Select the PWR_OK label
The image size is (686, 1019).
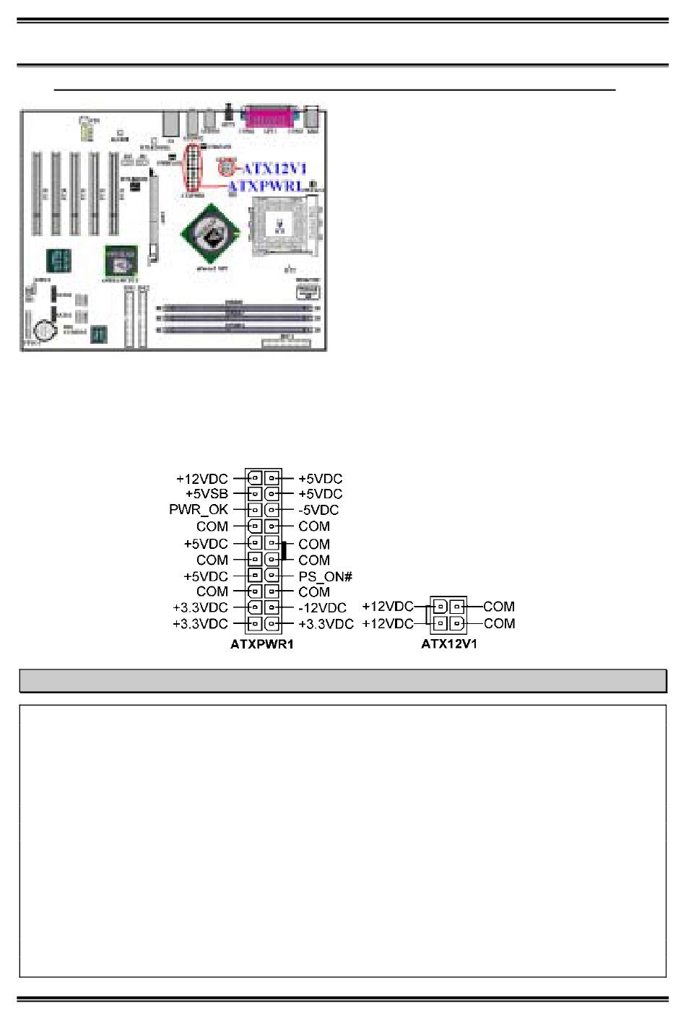coord(199,510)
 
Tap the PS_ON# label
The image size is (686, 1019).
coord(325,576)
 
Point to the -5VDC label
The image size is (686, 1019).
coord(318,510)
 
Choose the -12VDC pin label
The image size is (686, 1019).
coord(322,608)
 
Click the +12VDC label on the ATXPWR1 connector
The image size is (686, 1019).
coord(202,479)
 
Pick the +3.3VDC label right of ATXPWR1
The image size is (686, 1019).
coord(326,624)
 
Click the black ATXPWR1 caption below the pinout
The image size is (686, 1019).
coord(261,644)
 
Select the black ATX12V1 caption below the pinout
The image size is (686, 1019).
coord(448,644)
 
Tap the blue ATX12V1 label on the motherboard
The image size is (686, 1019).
coord(274,169)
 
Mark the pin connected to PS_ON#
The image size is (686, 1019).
coord(272,576)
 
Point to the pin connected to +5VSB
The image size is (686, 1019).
coord(254,494)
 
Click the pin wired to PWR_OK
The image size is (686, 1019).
coord(254,510)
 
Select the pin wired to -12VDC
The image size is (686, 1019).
coord(272,607)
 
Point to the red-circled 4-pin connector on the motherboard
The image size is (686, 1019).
coord(226,168)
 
